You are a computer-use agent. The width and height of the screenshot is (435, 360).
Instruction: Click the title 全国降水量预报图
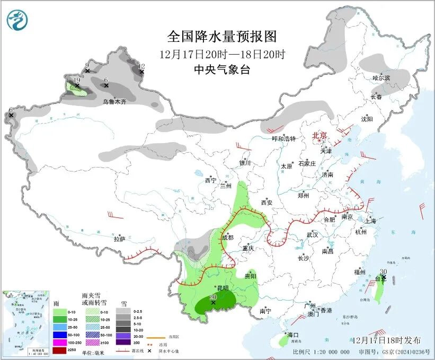point(222,37)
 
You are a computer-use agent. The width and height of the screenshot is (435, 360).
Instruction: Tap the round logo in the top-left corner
point(17,21)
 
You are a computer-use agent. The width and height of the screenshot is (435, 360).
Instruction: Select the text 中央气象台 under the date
point(221,69)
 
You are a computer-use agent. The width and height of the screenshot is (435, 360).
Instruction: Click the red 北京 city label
point(320,135)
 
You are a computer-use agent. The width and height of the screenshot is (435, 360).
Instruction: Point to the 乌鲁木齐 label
point(114,101)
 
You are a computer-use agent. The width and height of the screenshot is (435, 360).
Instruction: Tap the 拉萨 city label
point(119,239)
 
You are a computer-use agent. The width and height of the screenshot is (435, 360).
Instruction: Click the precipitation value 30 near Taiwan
point(383,271)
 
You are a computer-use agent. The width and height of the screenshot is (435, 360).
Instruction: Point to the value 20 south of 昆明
point(212,297)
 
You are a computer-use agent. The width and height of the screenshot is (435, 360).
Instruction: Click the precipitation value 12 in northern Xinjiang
point(141,66)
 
